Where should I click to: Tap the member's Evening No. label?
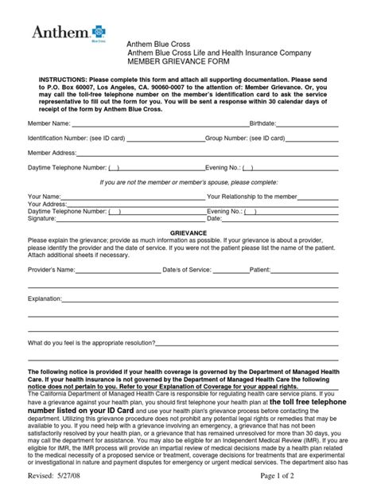pos(222,168)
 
